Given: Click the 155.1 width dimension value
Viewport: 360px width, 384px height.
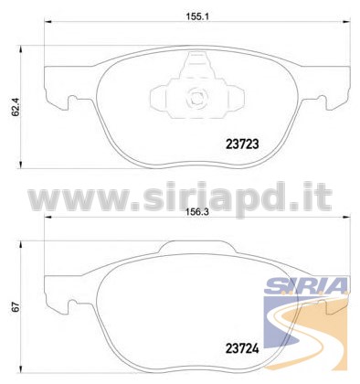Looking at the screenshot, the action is click(196, 16).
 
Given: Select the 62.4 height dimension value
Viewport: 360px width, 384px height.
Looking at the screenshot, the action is click(16, 107).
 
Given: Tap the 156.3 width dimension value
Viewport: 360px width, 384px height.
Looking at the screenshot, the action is click(196, 212).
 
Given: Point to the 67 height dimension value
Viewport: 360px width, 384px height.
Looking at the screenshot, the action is click(16, 306).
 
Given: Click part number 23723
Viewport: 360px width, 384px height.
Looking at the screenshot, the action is click(242, 144).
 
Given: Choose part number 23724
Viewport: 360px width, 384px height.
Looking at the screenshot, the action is click(242, 348).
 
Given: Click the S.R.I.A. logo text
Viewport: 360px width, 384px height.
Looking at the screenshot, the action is click(306, 285).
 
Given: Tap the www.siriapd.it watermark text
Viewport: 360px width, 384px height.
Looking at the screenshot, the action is click(180, 198).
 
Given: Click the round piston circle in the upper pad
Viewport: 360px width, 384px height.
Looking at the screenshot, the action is click(197, 98).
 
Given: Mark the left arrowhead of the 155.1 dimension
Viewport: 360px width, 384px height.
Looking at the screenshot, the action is click(48, 21).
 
